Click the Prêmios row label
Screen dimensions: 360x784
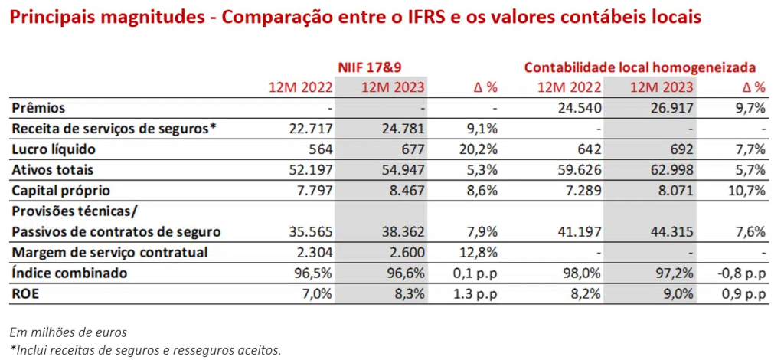coord(38,108)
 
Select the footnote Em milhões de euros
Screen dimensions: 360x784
coord(69,332)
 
